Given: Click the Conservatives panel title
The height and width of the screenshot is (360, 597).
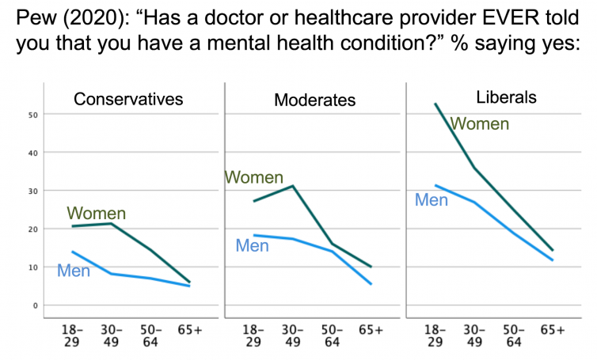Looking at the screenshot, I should pyautogui.click(x=128, y=100).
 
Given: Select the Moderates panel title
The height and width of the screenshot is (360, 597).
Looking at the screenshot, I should pyautogui.click(x=314, y=100).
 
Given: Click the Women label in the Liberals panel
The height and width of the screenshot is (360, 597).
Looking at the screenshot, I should pyautogui.click(x=480, y=123).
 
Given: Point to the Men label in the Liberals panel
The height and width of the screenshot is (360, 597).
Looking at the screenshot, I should pyautogui.click(x=432, y=200).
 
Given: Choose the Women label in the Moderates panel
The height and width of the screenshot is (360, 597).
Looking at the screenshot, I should pyautogui.click(x=253, y=178).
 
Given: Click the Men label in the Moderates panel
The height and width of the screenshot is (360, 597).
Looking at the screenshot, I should pyautogui.click(x=253, y=246).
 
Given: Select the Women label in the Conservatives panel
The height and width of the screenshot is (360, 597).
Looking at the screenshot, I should pyautogui.click(x=97, y=214).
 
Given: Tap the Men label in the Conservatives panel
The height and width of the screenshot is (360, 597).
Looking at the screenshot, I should pyautogui.click(x=74, y=271).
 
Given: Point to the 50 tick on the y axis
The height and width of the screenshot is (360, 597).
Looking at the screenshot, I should pyautogui.click(x=34, y=116).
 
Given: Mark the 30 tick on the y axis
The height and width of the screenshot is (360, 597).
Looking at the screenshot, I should pyautogui.click(x=34, y=191).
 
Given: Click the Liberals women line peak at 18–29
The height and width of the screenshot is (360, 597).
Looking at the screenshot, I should pyautogui.click(x=435, y=104).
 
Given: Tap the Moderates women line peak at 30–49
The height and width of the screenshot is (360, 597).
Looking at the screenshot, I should pyautogui.click(x=294, y=186).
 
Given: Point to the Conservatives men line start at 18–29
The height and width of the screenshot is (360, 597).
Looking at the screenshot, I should pyautogui.click(x=72, y=252).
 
